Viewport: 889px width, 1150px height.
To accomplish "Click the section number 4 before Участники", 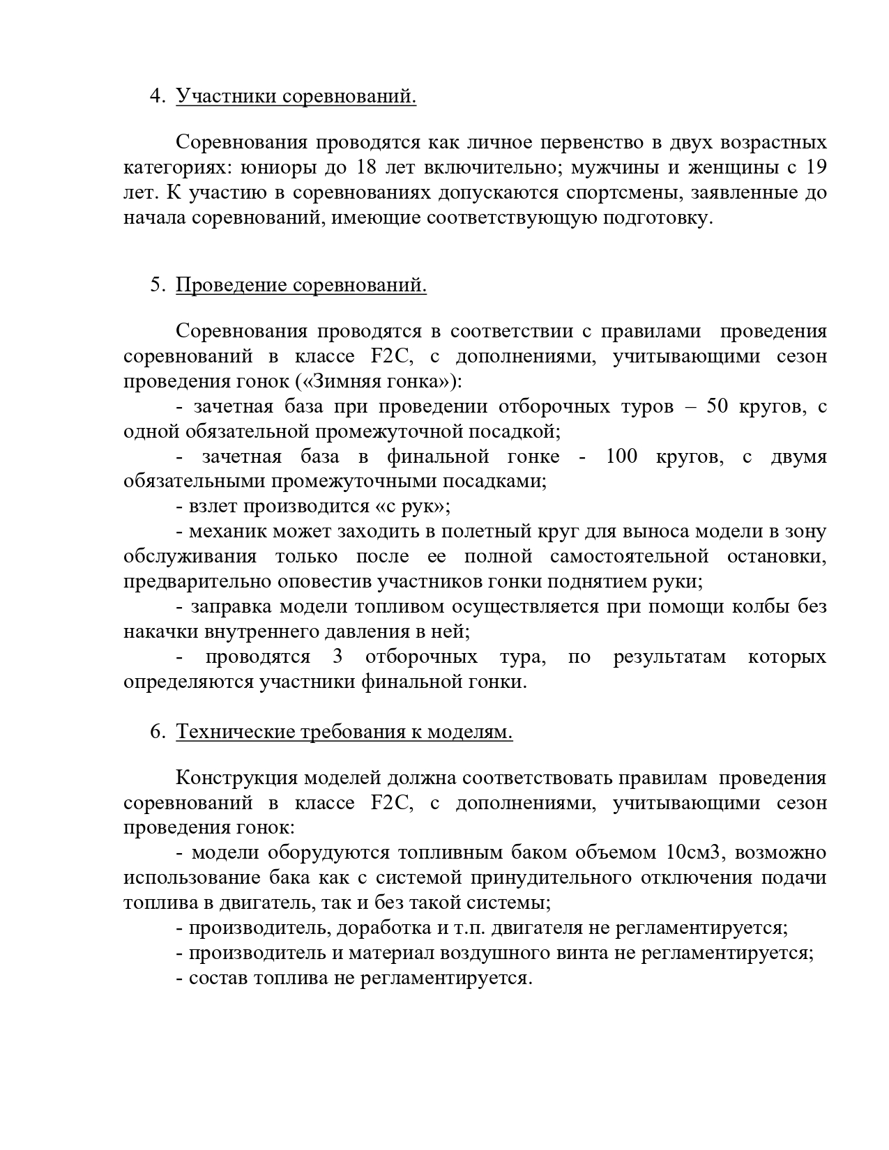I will point(156,95).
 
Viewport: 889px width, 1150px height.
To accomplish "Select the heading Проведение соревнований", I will point(301,285).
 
